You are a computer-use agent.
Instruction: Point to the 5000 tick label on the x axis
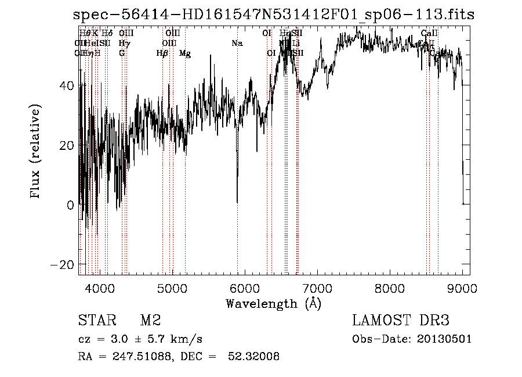coord(172,288)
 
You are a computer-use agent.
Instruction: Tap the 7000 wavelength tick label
coord(317,288)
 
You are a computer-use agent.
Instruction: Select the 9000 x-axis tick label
coord(462,288)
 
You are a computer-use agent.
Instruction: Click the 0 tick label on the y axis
coord(71,204)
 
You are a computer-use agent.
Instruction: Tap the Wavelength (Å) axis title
coord(273,303)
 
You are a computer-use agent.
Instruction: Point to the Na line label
coord(237,43)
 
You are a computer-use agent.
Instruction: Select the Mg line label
coord(185,53)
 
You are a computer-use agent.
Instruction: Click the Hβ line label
coord(162,53)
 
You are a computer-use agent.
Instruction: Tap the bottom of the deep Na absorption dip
coord(237,202)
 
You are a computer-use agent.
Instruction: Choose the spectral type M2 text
coord(150,321)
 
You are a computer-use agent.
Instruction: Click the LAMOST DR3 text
coord(401,321)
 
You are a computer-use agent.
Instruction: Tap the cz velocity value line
coord(140,339)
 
